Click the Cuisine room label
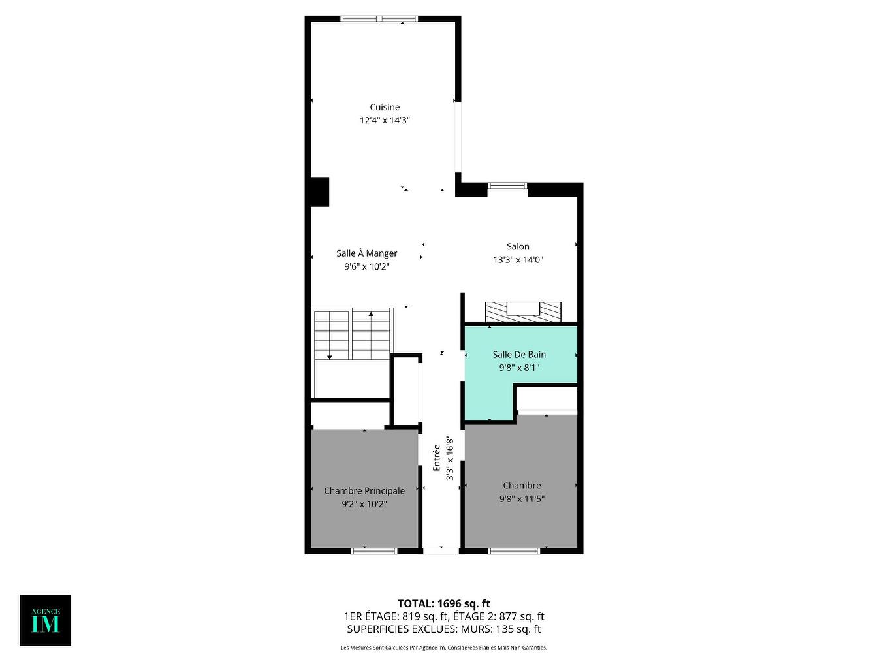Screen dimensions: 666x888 (x=385, y=107)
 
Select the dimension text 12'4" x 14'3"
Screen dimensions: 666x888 (x=385, y=120)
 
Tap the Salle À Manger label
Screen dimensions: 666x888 (x=367, y=253)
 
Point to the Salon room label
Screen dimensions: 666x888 (x=518, y=246)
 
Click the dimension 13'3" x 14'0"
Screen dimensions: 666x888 (x=518, y=259)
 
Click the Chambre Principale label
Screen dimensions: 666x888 (x=364, y=491)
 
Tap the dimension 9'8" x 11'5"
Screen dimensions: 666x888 (x=522, y=499)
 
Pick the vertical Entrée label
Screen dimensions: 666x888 (x=437, y=458)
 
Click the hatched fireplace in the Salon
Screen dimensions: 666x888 (x=523, y=311)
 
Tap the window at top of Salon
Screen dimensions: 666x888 (x=507, y=186)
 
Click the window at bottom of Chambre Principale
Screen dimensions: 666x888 (x=373, y=551)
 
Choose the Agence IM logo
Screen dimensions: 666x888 (x=46, y=620)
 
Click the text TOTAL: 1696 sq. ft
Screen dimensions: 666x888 (x=443, y=603)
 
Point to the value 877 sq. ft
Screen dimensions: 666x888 (x=522, y=616)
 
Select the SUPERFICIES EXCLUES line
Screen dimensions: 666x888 (x=443, y=629)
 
